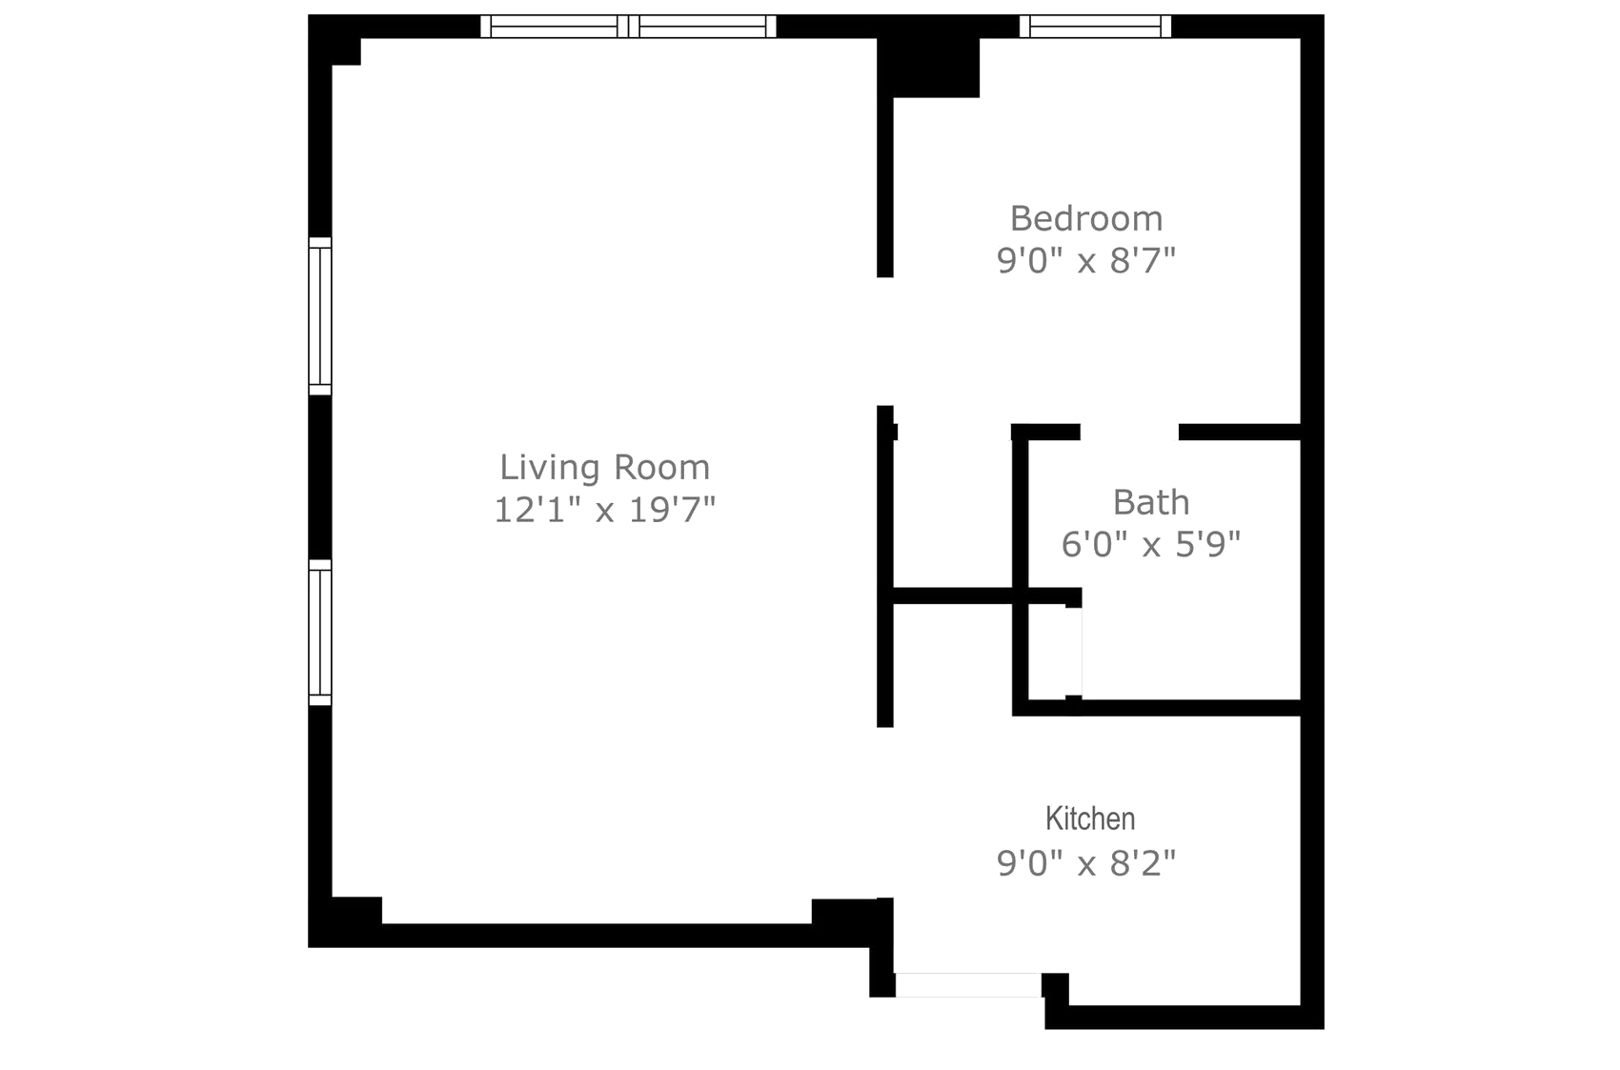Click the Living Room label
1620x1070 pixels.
click(x=604, y=467)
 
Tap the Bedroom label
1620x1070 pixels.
click(x=1086, y=218)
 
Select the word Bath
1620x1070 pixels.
click(x=1151, y=502)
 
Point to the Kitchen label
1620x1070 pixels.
click(x=1090, y=818)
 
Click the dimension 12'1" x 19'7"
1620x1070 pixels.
click(x=604, y=510)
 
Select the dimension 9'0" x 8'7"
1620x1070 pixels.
click(x=1086, y=260)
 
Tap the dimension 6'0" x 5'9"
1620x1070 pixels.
click(x=1151, y=544)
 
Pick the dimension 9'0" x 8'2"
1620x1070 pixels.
click(x=1086, y=862)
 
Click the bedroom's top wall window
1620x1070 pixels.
click(x=1095, y=26)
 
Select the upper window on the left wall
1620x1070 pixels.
click(x=320, y=316)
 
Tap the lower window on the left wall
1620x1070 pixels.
click(x=320, y=633)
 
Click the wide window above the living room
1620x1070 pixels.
click(x=629, y=26)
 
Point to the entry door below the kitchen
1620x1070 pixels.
click(x=968, y=984)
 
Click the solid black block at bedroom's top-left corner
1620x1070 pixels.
click(x=928, y=67)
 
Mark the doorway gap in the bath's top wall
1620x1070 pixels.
click(x=1129, y=432)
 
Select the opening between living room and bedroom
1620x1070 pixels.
click(x=885, y=341)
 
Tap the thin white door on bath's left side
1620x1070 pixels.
click(x=1074, y=652)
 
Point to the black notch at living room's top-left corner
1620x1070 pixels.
click(x=347, y=50)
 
